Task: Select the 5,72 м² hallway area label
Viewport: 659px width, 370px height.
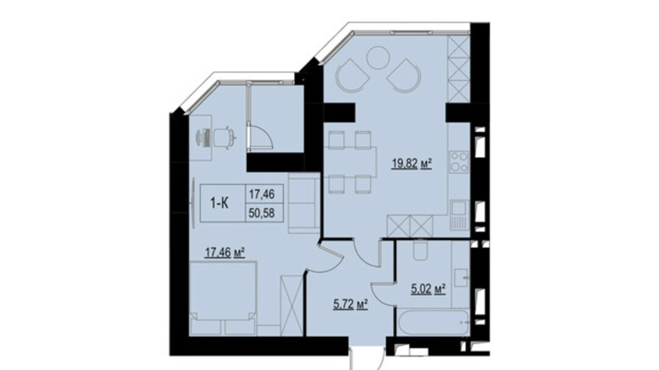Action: [351, 305]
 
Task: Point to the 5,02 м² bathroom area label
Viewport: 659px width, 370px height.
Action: [429, 289]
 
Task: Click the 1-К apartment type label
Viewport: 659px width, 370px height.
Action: [219, 203]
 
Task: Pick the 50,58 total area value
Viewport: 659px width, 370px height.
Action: [262, 213]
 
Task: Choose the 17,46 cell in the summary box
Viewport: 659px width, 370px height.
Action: [262, 194]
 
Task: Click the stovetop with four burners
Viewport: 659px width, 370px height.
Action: [459, 162]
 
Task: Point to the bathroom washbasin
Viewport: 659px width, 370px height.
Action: [461, 278]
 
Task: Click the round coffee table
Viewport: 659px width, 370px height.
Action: [378, 58]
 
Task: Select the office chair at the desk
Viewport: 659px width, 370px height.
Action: [224, 137]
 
